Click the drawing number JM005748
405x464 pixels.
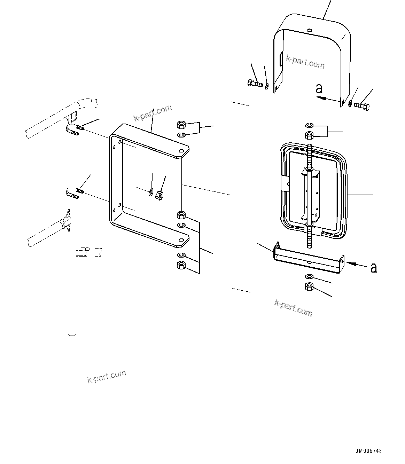point(368,451)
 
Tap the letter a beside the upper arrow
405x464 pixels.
point(319,89)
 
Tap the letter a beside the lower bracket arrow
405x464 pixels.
point(374,268)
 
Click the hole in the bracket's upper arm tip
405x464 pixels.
point(181,151)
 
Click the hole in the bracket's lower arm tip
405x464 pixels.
point(181,240)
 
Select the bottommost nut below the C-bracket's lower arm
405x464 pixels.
point(181,266)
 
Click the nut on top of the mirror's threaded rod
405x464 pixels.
point(309,135)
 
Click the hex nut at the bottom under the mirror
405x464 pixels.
point(309,287)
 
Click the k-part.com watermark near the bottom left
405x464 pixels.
point(107,376)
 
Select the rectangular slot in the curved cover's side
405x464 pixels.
point(280,58)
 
